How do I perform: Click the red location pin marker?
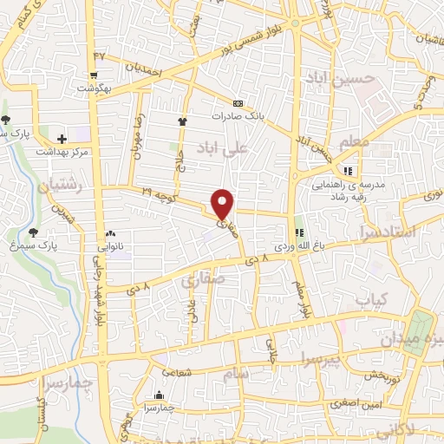(223, 204)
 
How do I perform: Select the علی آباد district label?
(224, 147)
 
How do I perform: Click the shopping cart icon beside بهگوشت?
(94, 75)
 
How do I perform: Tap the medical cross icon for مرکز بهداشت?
(62, 138)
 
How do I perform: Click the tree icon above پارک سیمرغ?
(33, 232)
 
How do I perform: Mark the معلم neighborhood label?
(354, 141)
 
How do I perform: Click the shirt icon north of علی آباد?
(182, 122)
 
